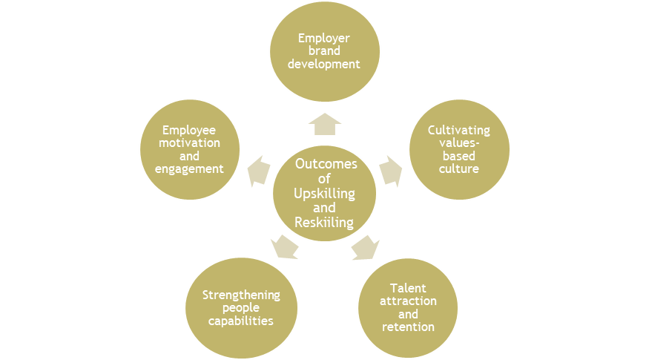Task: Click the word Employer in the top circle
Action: click(x=323, y=38)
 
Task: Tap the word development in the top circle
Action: click(x=323, y=65)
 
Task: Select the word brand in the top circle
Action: click(x=323, y=51)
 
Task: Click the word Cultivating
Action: click(x=459, y=131)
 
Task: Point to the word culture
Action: click(x=459, y=168)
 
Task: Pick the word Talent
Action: click(x=408, y=288)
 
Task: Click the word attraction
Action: click(x=408, y=301)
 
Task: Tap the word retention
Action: click(x=408, y=327)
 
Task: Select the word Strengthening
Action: click(x=242, y=295)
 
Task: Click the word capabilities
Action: click(x=242, y=321)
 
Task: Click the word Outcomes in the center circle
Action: click(x=325, y=165)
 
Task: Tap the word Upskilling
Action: click(x=325, y=194)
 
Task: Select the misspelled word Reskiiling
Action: click(x=325, y=222)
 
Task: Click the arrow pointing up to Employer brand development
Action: click(x=324, y=124)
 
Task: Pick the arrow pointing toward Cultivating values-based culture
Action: click(x=391, y=171)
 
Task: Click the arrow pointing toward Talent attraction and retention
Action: click(x=364, y=248)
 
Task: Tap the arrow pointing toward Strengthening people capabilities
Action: click(x=284, y=246)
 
